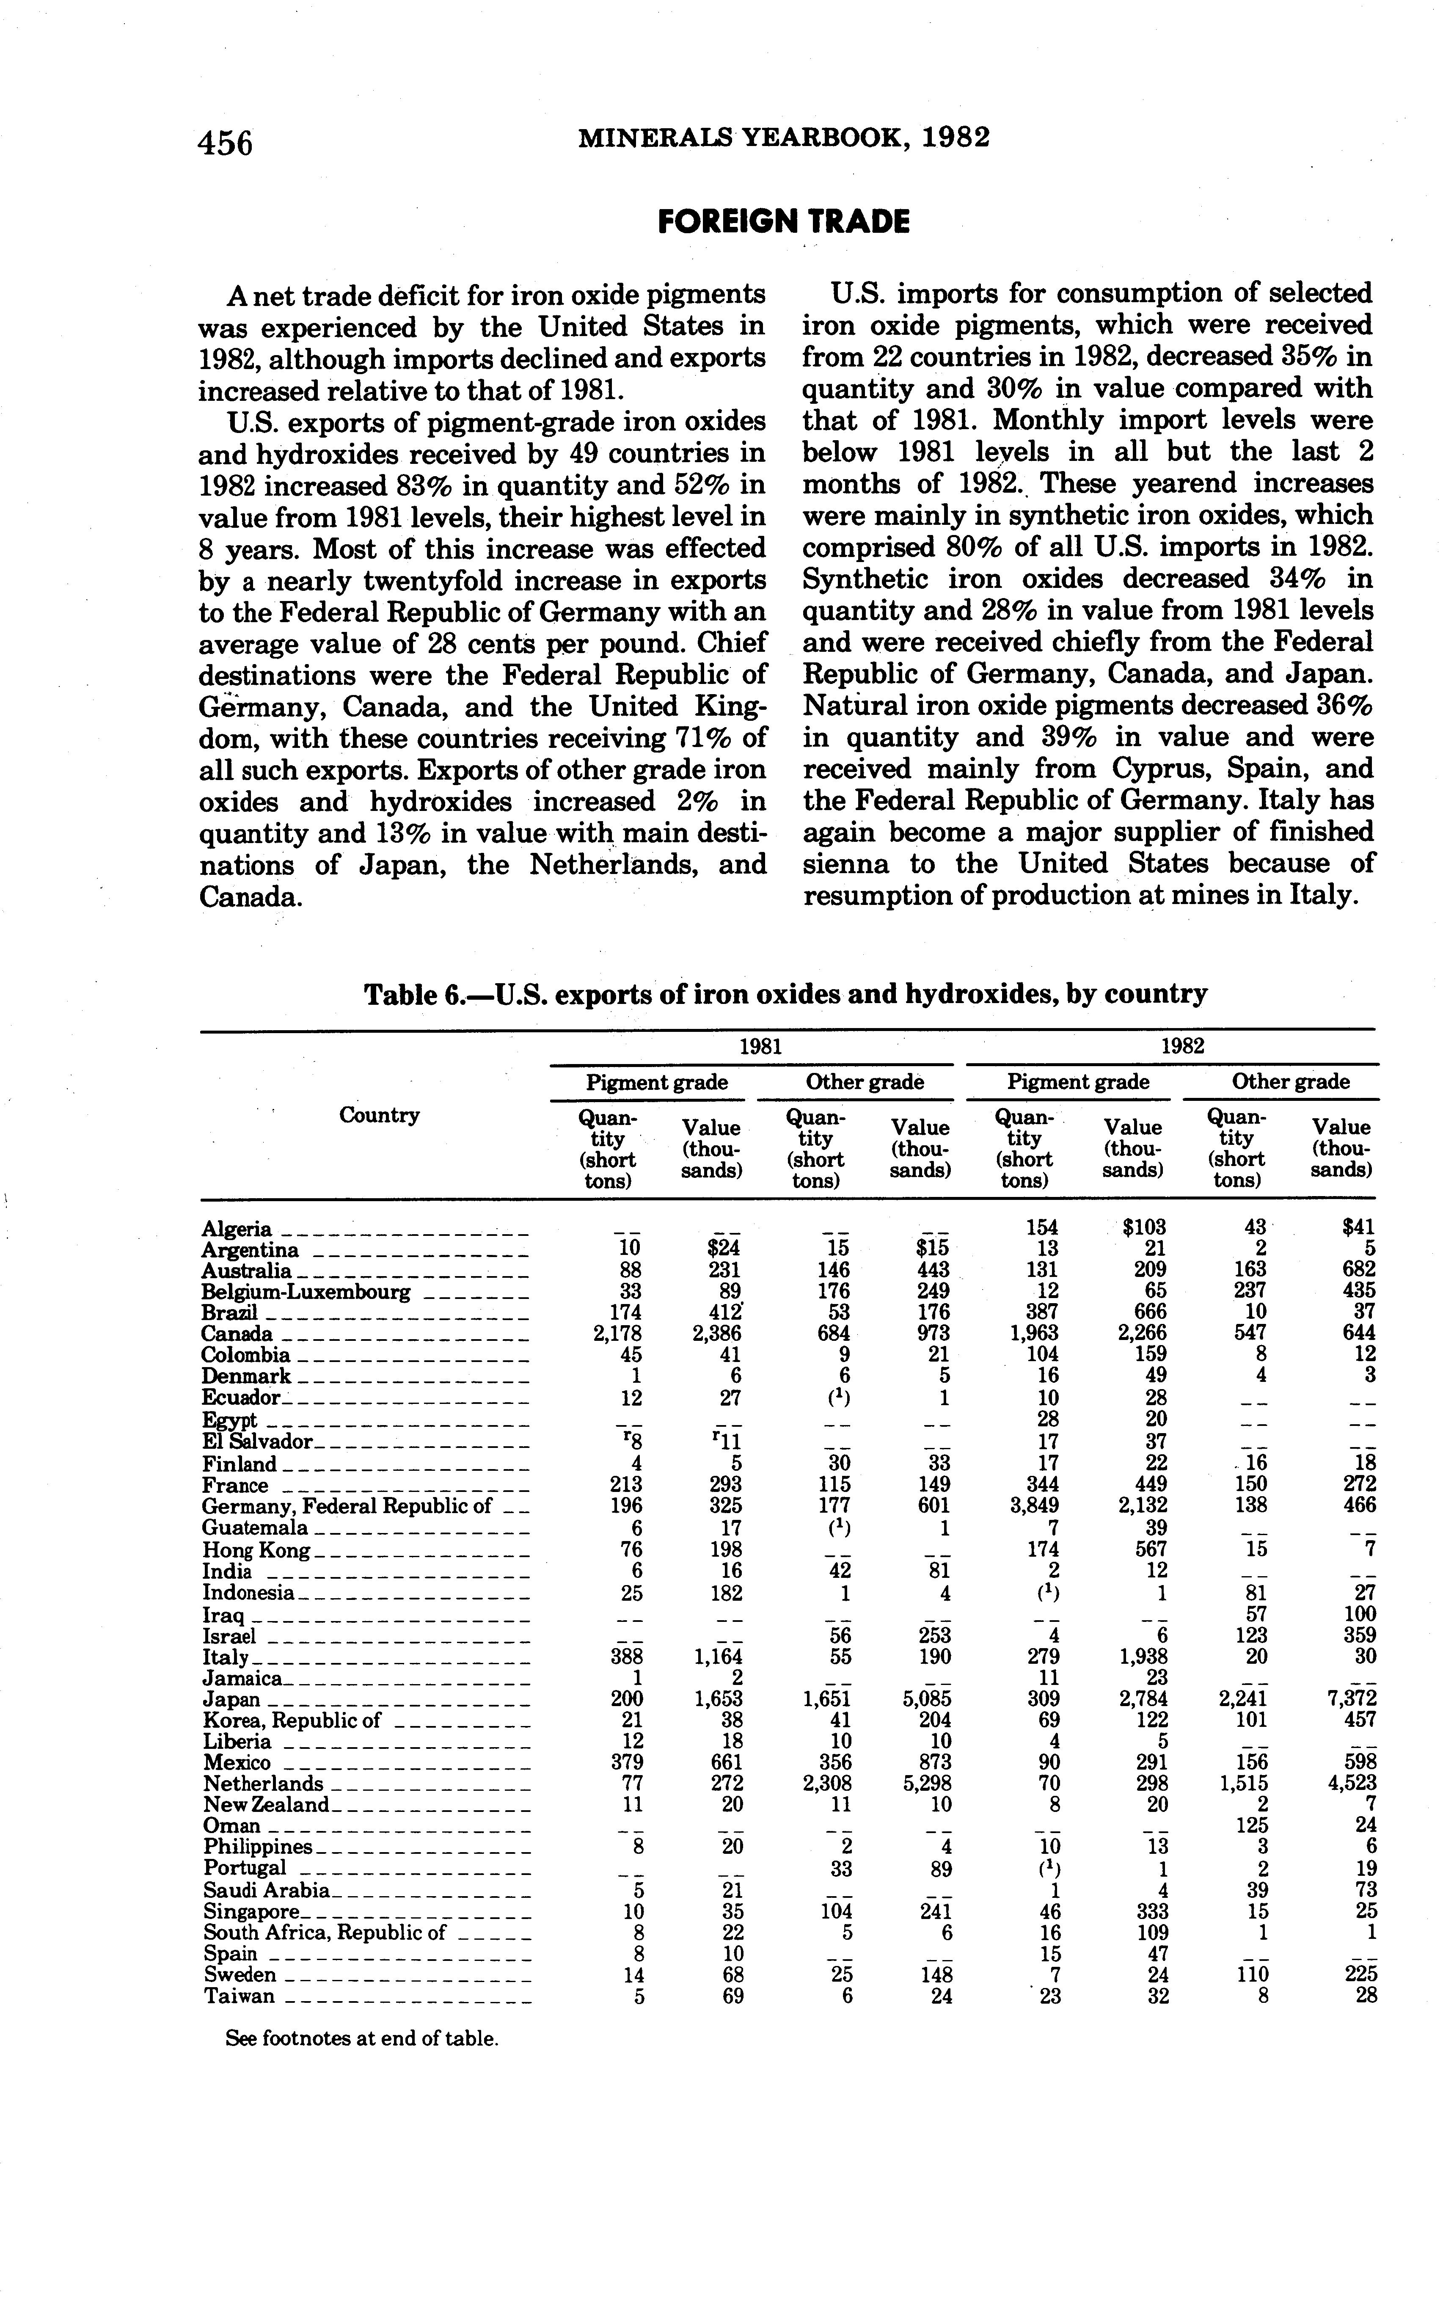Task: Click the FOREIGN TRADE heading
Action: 784,222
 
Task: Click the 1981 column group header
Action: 760,1046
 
